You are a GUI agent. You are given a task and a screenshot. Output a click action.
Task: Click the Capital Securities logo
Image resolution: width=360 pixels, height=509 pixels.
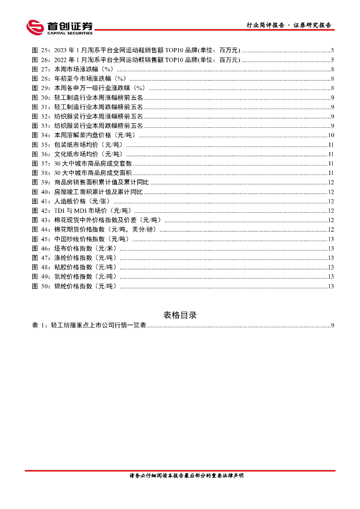click(x=59, y=27)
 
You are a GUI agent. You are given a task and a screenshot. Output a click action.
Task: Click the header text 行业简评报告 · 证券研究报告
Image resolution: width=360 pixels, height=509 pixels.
click(x=289, y=25)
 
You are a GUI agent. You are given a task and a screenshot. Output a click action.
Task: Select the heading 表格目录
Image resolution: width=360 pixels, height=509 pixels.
click(x=180, y=315)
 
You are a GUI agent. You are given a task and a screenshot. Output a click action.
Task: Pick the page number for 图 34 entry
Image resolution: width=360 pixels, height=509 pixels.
click(x=330, y=135)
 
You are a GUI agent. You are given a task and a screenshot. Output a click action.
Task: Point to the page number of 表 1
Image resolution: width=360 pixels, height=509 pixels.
click(x=332, y=326)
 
